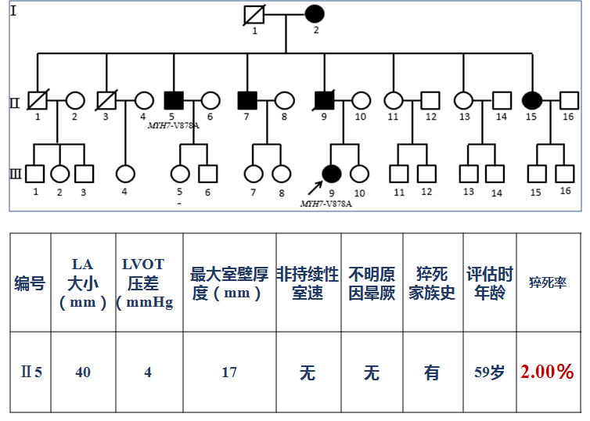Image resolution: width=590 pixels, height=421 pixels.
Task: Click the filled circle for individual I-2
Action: coord(314,14)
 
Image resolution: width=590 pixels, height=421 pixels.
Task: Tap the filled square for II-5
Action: coord(174,100)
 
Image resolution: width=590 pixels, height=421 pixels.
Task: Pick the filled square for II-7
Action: coord(246,100)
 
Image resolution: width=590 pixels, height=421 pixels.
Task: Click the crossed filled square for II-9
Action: coord(323,100)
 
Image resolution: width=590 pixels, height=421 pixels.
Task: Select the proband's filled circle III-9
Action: coord(332,174)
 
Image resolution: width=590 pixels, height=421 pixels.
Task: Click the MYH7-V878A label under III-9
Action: coord(326,203)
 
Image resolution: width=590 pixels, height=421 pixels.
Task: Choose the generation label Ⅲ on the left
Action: coord(15,174)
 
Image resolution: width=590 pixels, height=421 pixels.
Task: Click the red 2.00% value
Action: coord(549,372)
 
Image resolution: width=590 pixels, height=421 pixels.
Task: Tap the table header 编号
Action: coord(31,284)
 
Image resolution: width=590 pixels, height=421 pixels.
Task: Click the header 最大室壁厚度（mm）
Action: coord(228,284)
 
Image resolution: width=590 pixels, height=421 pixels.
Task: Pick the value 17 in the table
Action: coord(228,372)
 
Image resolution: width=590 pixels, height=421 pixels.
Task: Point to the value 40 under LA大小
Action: coord(83,372)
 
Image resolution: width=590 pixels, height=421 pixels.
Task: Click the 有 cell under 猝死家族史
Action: coord(432,372)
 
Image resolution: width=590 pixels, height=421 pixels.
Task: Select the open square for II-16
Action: coord(569,100)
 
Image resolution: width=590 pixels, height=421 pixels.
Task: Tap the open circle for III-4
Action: coord(124,174)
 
